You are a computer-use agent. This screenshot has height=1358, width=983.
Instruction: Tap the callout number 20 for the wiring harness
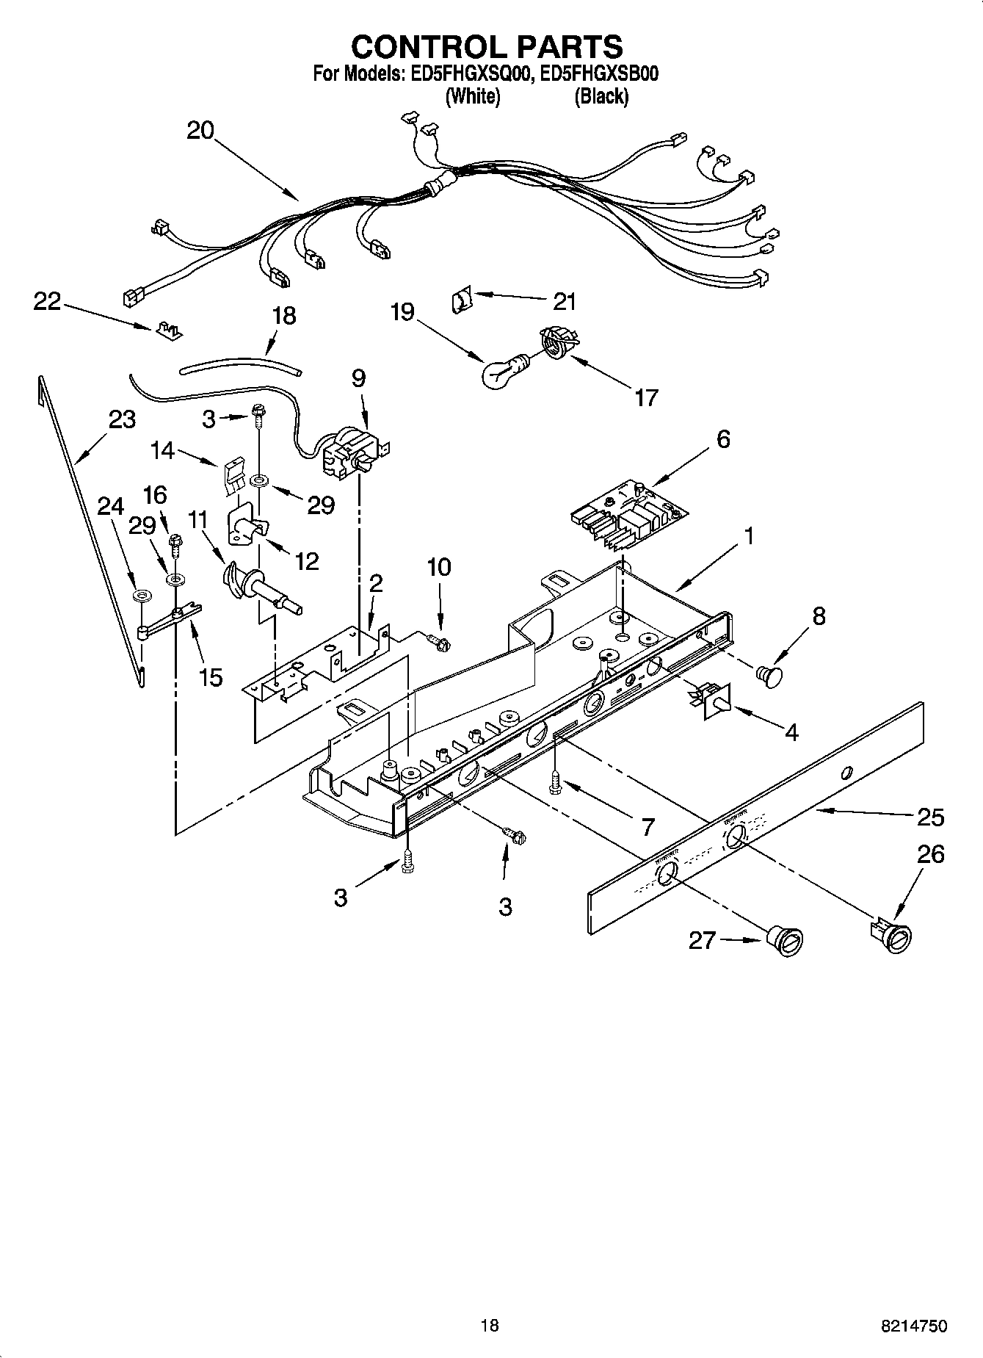pyautogui.click(x=200, y=131)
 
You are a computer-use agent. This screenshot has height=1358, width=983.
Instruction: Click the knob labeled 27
pyautogui.click(x=786, y=941)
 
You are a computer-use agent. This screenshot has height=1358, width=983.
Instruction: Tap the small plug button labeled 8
pyautogui.click(x=769, y=673)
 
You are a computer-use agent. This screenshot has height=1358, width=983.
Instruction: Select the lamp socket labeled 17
pyautogui.click(x=556, y=343)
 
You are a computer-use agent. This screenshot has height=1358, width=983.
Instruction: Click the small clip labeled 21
pyautogui.click(x=461, y=300)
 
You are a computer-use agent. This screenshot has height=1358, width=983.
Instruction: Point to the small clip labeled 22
pyautogui.click(x=169, y=331)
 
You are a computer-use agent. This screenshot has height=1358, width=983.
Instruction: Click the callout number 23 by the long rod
pyautogui.click(x=122, y=419)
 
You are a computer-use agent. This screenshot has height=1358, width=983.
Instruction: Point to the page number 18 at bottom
pyautogui.click(x=490, y=1325)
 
